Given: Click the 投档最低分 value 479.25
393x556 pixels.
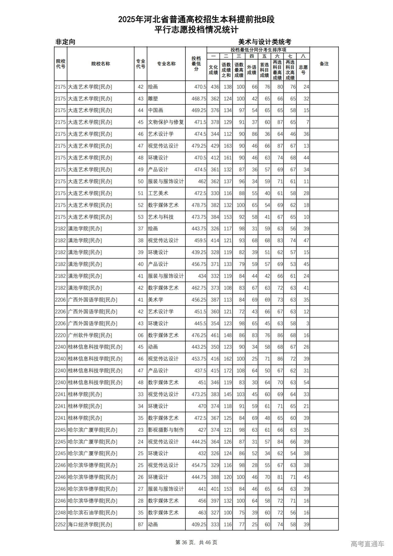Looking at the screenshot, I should [199, 146].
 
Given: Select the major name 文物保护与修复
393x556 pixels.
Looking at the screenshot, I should [166, 122].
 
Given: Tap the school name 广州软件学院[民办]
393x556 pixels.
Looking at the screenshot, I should [90, 335].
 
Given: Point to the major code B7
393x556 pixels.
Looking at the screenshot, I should [140, 524].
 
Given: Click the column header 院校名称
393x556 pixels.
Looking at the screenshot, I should [100, 64].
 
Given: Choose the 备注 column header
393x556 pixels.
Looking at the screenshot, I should [324, 64].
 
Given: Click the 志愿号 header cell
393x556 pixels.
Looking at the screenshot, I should [303, 70].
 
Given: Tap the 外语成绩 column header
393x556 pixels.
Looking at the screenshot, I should [251, 70].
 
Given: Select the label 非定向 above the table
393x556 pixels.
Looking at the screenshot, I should [65, 42].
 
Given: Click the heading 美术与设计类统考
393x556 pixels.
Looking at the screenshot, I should [265, 42].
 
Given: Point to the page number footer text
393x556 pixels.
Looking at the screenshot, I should [196, 542].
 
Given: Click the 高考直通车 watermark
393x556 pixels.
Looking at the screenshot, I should [367, 544].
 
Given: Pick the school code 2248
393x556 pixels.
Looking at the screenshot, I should [60, 512].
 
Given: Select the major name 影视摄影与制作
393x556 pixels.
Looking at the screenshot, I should [166, 430].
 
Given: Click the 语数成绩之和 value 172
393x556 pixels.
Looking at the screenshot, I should [228, 371].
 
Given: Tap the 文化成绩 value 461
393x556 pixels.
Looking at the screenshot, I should [215, 335].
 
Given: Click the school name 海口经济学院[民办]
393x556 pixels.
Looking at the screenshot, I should [90, 524].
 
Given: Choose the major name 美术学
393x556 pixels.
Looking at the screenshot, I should [156, 300].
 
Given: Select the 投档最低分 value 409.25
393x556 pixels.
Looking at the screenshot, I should [199, 524].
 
